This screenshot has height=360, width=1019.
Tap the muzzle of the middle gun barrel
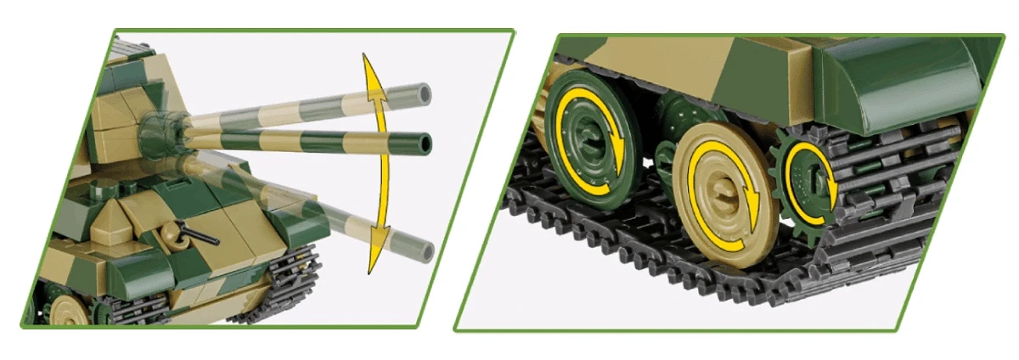point(423,141)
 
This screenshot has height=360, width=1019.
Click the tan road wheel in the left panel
point(65,312)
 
